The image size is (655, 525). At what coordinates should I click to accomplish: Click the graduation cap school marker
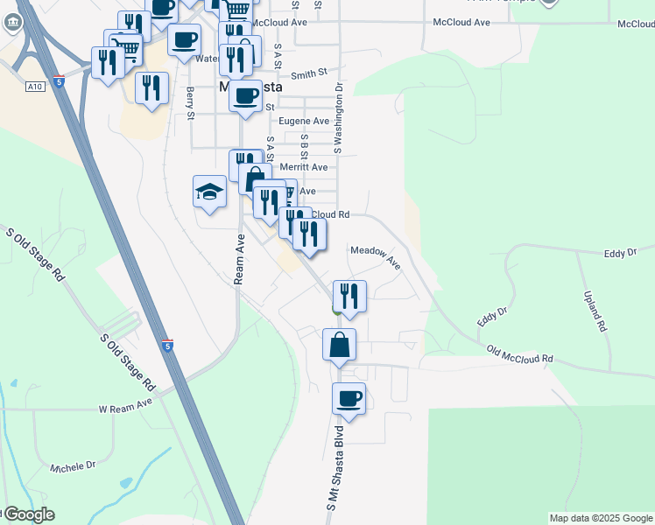point(210,192)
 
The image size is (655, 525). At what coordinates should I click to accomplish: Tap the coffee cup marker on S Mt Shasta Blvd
point(348,400)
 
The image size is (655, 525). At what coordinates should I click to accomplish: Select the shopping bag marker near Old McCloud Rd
point(339,345)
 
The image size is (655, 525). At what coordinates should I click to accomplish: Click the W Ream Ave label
point(125,408)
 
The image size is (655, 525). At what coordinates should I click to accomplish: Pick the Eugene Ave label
point(303,122)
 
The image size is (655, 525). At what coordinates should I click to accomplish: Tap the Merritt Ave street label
point(302,167)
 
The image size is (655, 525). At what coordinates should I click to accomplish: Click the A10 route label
point(35,87)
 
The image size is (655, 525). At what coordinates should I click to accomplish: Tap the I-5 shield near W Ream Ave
point(167,345)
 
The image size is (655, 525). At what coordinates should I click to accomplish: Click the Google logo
point(28,514)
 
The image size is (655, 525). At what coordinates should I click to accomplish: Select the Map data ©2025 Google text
point(601,518)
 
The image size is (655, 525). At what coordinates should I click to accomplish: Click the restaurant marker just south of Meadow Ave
point(349,297)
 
